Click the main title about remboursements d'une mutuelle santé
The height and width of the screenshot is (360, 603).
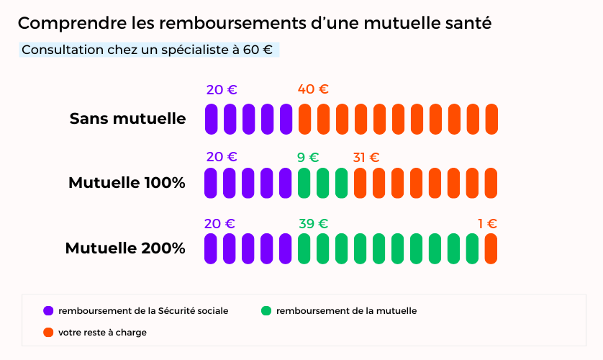[x=255, y=23]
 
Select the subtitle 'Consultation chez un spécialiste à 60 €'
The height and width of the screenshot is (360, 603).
[x=147, y=50]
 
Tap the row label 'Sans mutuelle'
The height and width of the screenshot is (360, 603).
[x=127, y=119]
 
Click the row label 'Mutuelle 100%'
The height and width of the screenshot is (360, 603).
[x=127, y=183]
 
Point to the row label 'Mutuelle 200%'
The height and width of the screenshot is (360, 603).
[x=125, y=248]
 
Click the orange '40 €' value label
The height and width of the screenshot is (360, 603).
[x=313, y=89]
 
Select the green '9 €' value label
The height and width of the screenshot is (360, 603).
[x=308, y=157]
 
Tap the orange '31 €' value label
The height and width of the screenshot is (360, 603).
[x=366, y=157]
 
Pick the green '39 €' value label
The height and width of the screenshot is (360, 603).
[x=313, y=223]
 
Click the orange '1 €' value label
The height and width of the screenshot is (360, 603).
[x=487, y=223]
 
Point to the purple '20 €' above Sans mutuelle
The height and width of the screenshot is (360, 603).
[x=222, y=90]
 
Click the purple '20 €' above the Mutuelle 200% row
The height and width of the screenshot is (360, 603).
[x=219, y=223]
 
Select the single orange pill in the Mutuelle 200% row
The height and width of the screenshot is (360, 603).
[x=491, y=248]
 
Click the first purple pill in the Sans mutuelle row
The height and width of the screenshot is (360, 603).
[x=211, y=119]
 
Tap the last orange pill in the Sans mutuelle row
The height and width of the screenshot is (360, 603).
[x=491, y=119]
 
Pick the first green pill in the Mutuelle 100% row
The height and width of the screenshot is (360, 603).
[x=304, y=183]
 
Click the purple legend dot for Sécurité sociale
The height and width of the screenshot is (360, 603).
[x=48, y=311]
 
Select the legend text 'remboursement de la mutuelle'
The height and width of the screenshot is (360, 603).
[x=346, y=311]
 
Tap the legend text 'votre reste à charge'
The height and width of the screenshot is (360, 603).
[x=102, y=332]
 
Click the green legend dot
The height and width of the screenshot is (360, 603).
[x=266, y=311]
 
